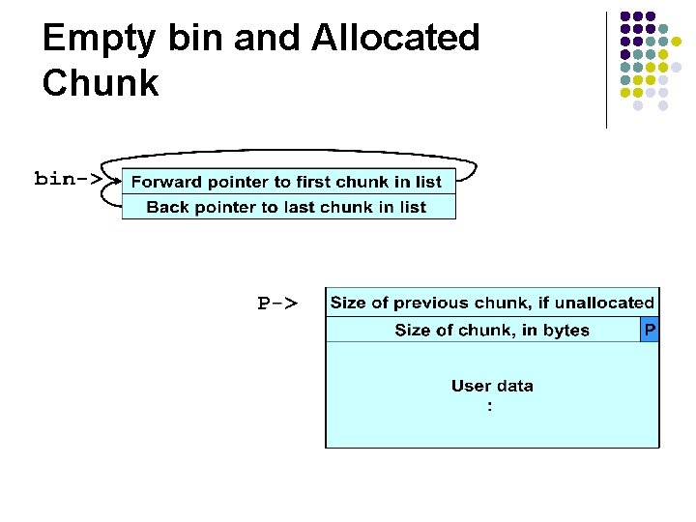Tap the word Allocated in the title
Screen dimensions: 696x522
click(x=395, y=38)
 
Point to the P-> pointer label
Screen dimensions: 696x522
click(x=276, y=304)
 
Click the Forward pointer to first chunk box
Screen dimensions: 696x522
click(x=287, y=182)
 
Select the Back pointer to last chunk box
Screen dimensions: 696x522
click(x=287, y=207)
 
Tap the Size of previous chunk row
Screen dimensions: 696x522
click(x=492, y=304)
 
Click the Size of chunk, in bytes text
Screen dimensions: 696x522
click(x=492, y=331)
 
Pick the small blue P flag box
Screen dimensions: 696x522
click(x=650, y=331)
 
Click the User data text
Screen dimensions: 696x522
click(x=492, y=386)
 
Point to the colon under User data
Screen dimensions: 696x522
click(x=490, y=407)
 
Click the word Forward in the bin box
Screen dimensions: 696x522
click(x=165, y=182)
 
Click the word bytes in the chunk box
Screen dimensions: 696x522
click(x=565, y=331)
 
